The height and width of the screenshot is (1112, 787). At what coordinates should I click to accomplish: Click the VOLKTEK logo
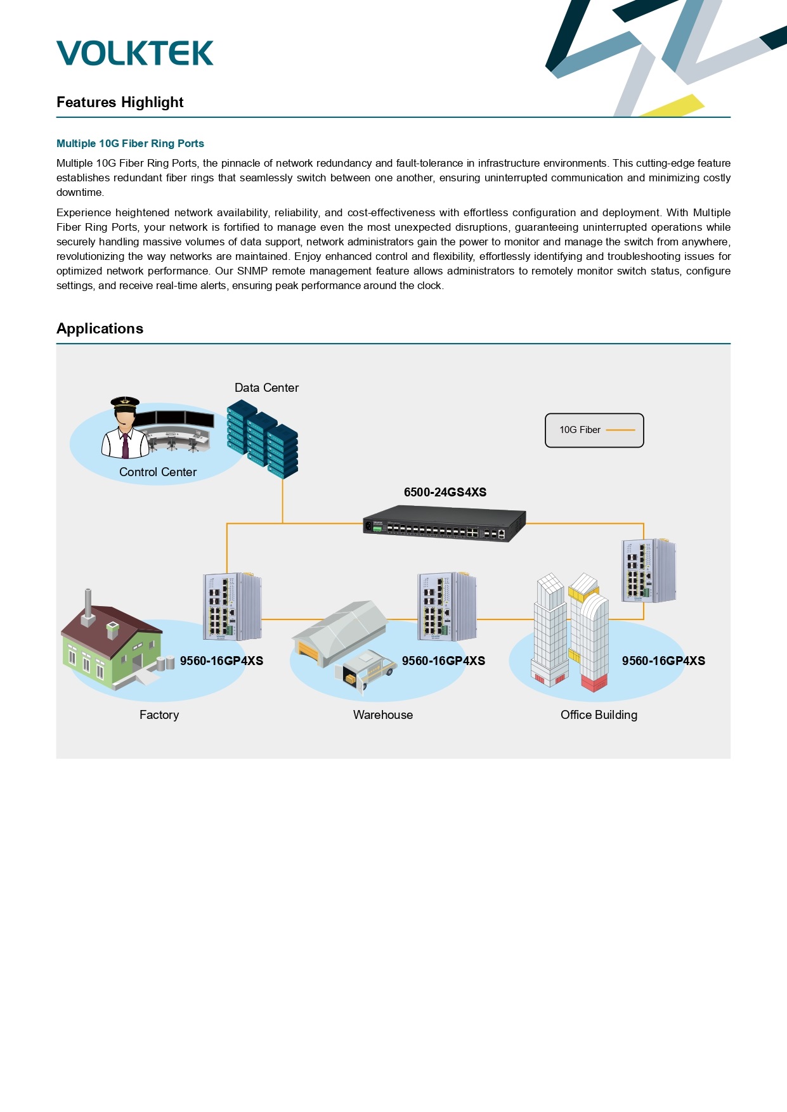135,53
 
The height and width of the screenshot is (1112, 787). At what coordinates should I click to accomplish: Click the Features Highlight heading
120,102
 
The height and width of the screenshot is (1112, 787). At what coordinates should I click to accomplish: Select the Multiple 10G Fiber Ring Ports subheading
130,143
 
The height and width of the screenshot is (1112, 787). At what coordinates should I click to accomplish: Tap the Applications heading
100,328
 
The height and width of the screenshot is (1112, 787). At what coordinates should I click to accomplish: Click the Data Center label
266,387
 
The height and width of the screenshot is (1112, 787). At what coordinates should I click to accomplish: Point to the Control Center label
158,472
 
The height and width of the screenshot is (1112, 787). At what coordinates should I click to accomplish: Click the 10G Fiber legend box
594,430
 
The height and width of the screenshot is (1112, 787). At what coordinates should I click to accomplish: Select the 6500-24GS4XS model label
445,492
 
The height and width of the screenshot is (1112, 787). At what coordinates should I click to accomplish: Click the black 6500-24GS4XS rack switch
445,523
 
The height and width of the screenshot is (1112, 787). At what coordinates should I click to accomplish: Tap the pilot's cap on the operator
125,402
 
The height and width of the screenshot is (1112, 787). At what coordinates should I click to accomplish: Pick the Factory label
159,714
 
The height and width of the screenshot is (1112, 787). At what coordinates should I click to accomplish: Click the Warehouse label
383,714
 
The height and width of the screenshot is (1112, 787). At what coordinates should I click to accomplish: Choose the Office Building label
599,714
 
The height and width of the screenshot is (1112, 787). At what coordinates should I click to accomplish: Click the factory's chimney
88,606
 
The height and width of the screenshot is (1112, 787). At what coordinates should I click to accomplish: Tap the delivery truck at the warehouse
366,668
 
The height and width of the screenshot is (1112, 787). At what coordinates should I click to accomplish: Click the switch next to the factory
232,606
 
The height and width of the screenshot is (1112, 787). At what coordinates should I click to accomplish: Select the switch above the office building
649,571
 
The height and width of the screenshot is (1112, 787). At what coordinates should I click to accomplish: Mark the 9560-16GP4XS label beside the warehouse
443,661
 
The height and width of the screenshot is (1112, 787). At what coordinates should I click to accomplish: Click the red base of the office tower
594,683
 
